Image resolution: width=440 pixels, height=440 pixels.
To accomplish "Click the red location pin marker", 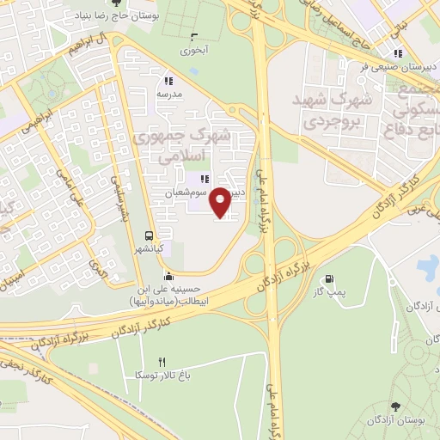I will [x=221, y=202].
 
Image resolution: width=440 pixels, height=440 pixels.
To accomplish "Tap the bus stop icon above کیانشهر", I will [x=150, y=236].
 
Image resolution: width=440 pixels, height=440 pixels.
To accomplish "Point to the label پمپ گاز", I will [x=328, y=293].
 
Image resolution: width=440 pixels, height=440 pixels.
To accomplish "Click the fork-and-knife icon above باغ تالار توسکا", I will [x=161, y=362].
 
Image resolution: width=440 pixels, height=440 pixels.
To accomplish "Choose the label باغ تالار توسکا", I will [x=156, y=376].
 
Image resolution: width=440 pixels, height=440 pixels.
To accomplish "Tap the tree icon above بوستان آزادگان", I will [x=394, y=406].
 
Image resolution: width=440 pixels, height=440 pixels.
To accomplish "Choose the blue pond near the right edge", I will [x=427, y=268].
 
